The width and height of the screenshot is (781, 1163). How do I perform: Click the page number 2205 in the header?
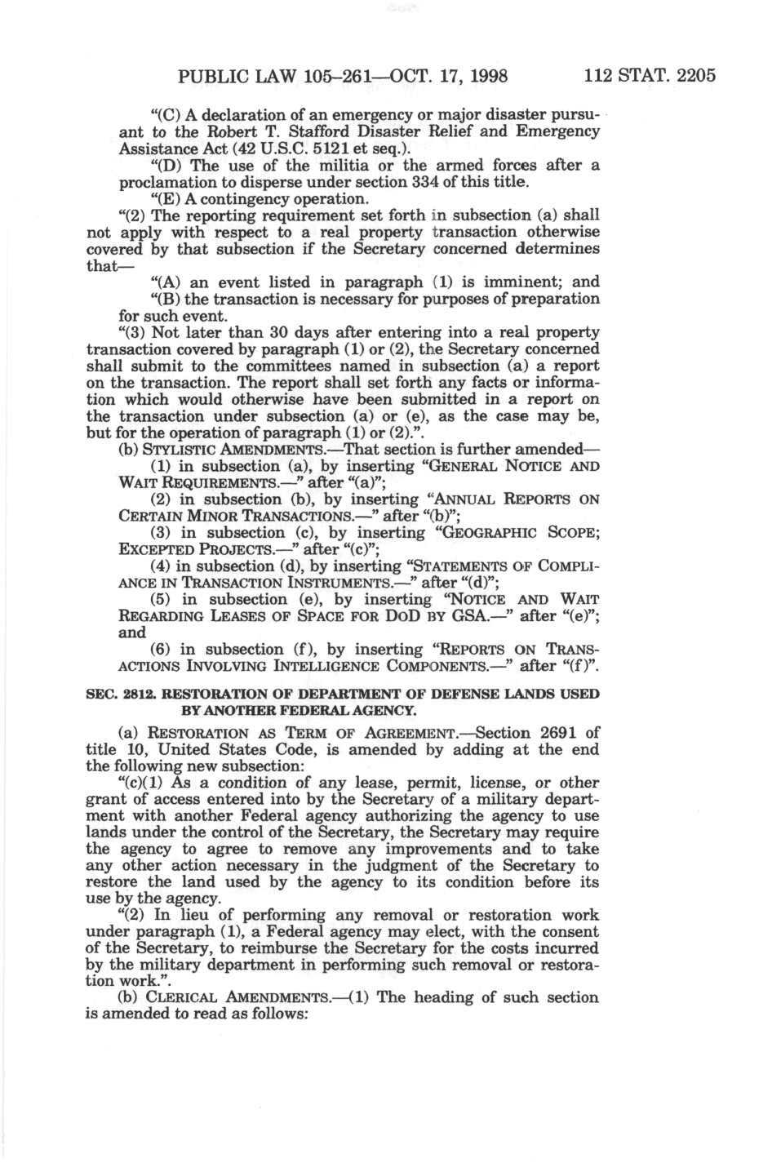[x=692, y=77]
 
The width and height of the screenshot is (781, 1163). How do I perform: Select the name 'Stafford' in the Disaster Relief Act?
[x=327, y=131]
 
